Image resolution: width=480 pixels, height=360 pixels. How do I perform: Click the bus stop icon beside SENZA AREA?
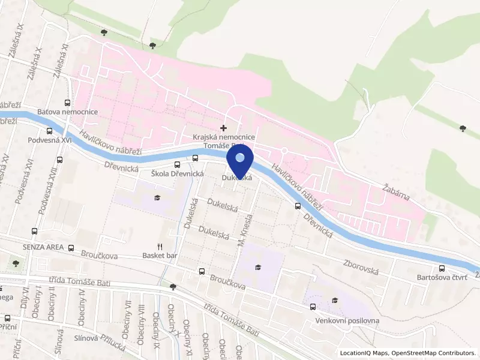71,248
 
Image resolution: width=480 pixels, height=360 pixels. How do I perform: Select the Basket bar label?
160,256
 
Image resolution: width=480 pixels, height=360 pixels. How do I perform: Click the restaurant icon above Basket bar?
160,247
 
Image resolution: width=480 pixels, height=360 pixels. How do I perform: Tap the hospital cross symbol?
224,128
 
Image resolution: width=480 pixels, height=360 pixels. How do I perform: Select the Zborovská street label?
361,267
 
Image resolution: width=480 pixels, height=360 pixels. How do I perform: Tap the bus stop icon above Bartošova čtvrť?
442,268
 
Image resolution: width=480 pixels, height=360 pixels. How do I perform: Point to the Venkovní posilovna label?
347,321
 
